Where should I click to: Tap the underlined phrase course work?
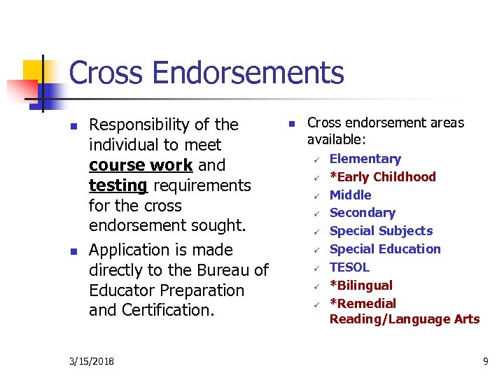(141, 165)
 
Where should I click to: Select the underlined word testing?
(118, 185)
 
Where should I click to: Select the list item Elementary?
(365, 159)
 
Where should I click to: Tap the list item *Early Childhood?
(382, 177)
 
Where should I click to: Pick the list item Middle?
(350, 195)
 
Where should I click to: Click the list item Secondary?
(362, 213)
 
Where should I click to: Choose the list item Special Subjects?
(381, 231)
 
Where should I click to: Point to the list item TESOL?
(349, 267)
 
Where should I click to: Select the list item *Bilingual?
(360, 286)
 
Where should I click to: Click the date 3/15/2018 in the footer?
(93, 361)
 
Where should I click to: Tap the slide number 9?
(485, 361)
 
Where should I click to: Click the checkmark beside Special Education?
(316, 249)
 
